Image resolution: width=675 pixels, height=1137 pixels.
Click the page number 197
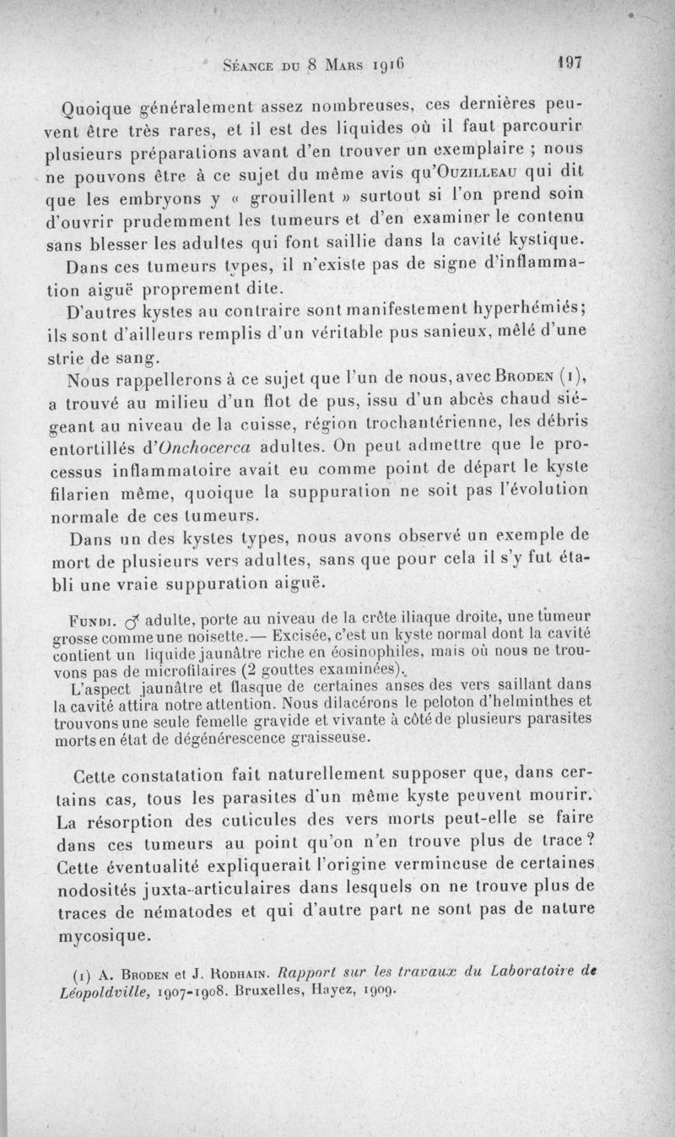click(570, 62)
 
